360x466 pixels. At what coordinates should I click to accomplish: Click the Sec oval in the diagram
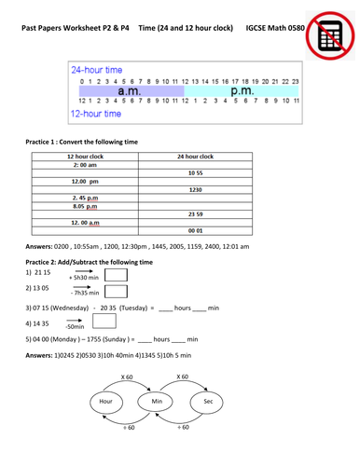tap(208, 401)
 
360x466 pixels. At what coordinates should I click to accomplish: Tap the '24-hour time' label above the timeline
tap(96, 71)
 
